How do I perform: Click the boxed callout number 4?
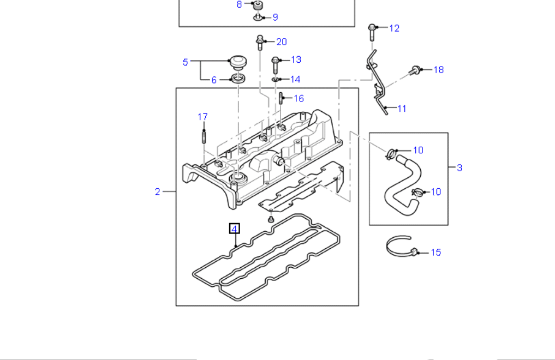(x=234, y=229)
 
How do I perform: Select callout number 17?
(x=202, y=117)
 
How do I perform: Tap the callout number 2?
(x=158, y=191)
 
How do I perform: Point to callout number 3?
(x=459, y=167)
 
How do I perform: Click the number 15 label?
(x=435, y=253)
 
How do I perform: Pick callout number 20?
(x=281, y=42)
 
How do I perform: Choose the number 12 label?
(x=394, y=28)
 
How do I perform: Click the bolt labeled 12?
(x=372, y=32)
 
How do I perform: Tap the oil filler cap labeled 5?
(x=237, y=61)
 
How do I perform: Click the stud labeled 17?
(x=203, y=136)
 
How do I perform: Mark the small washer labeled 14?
(x=277, y=80)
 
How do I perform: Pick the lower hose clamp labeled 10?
(x=417, y=192)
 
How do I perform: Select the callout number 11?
(x=402, y=109)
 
